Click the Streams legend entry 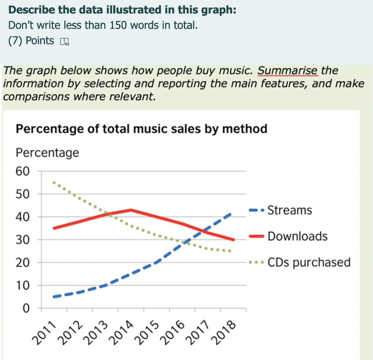pyautogui.click(x=290, y=210)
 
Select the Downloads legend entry pyautogui.click(x=297, y=236)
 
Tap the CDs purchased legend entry pyautogui.click(x=309, y=262)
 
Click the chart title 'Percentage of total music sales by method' pyautogui.click(x=141, y=129)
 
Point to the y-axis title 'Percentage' pyautogui.click(x=47, y=153)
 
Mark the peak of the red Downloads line pyautogui.click(x=131, y=210)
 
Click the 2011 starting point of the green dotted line pyautogui.click(x=54, y=182)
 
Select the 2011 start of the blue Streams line pyautogui.click(x=54, y=297)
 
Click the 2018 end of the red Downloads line pyautogui.click(x=233, y=240)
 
